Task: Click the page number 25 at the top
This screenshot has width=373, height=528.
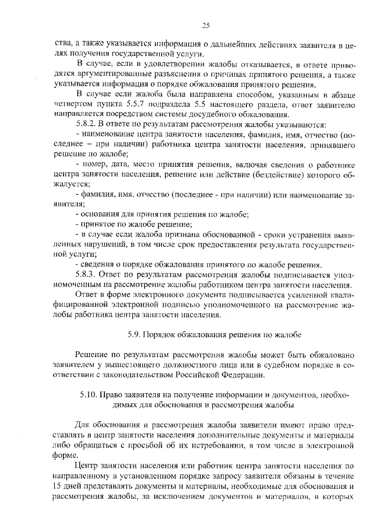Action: tap(206, 25)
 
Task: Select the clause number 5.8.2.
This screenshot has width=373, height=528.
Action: tap(87, 125)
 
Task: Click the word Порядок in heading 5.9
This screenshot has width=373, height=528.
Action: tap(163, 334)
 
